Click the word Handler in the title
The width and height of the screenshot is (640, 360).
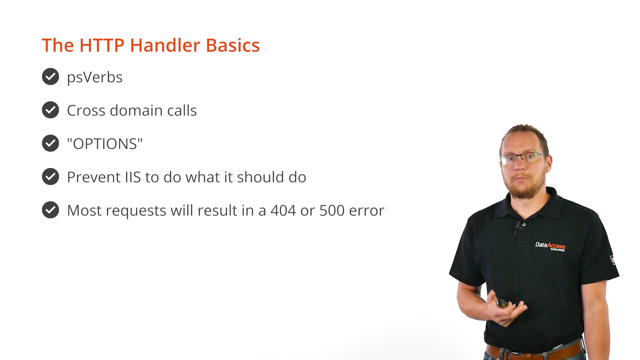[x=165, y=45]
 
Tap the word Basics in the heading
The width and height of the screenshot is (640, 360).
[x=233, y=45]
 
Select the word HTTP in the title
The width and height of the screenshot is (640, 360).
[x=102, y=45]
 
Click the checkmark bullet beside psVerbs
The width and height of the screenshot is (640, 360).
[x=50, y=77]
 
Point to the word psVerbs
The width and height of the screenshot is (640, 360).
[x=95, y=78]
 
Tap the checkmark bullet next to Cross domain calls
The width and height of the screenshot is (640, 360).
[x=50, y=110]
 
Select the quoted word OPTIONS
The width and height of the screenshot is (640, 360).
[x=105, y=144]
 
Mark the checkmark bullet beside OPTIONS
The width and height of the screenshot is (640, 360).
[x=50, y=143]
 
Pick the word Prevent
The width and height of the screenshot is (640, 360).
[x=94, y=177]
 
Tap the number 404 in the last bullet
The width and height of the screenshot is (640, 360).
[x=283, y=211]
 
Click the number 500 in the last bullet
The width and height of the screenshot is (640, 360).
[x=332, y=211]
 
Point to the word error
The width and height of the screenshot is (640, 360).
[x=367, y=211]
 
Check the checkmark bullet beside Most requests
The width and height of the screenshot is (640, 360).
[x=50, y=210]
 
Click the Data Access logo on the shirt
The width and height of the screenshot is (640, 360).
[x=550, y=247]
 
